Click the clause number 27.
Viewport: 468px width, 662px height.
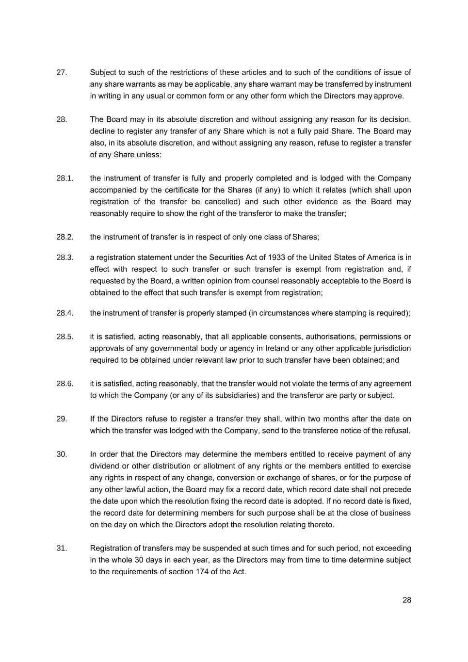tap(62, 73)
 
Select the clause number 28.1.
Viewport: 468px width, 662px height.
tap(65, 178)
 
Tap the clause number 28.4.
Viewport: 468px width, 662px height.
tap(65, 313)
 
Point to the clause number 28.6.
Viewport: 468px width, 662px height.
tap(65, 384)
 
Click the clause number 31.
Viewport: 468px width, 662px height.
tap(62, 549)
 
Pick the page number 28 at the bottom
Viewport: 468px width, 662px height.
tap(406, 600)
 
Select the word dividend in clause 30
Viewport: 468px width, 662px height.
tap(105, 466)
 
